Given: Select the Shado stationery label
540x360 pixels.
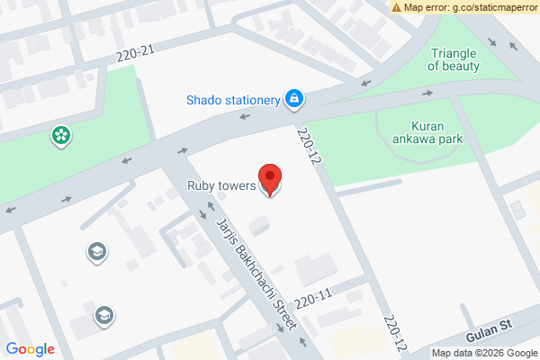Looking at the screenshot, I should [x=233, y=100].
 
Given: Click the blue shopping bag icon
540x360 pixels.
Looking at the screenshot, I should [x=293, y=98].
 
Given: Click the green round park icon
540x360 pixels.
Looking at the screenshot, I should [x=61, y=137].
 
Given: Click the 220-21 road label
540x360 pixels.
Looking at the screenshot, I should [x=136, y=56].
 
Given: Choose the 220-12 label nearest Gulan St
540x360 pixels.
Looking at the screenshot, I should [x=392, y=334].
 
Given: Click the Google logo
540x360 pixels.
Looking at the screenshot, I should [x=31, y=349].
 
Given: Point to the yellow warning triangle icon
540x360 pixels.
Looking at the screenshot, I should [x=396, y=7].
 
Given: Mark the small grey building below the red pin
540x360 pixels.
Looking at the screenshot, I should [x=259, y=224].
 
